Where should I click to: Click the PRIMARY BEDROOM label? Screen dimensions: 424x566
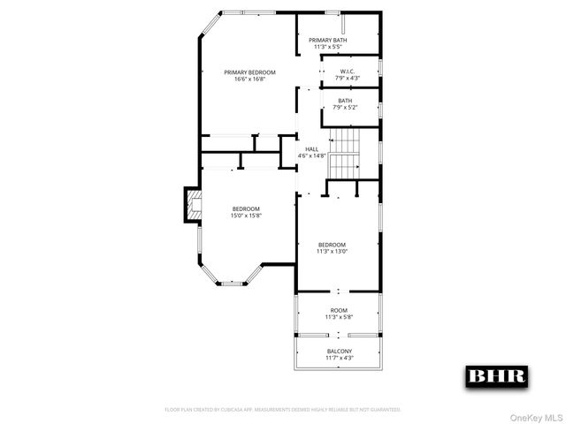point(250,72)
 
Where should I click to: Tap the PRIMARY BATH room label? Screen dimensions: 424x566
point(327,41)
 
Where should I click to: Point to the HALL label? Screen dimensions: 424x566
point(312,149)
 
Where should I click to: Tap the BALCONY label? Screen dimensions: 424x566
point(339,351)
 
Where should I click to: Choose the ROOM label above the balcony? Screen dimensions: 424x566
point(339,310)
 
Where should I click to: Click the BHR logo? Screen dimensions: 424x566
point(496,375)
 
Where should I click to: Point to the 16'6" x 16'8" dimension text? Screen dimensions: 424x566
point(250,79)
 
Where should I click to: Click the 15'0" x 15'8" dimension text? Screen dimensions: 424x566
point(247,216)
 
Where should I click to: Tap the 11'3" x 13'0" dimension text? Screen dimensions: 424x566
point(332,251)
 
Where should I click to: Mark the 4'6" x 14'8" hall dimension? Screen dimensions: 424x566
point(312,156)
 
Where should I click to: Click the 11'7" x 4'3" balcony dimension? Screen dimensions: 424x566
point(339,358)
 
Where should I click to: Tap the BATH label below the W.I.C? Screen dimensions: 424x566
point(346,101)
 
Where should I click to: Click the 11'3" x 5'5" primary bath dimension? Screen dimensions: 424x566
point(327,48)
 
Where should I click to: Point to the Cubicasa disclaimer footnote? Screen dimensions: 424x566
point(283,410)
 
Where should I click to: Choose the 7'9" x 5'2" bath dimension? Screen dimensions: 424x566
point(346,107)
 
